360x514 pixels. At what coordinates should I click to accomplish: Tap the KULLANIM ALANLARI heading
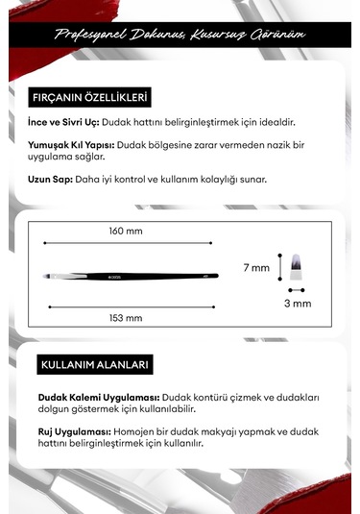(95, 366)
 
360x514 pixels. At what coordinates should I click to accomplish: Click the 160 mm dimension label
(125, 231)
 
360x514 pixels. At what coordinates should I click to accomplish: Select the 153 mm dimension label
(125, 318)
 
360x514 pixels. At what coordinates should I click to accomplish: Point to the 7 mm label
(256, 268)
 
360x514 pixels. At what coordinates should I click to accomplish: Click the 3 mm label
(299, 303)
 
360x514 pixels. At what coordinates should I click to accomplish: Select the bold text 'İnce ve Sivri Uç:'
(60, 122)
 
